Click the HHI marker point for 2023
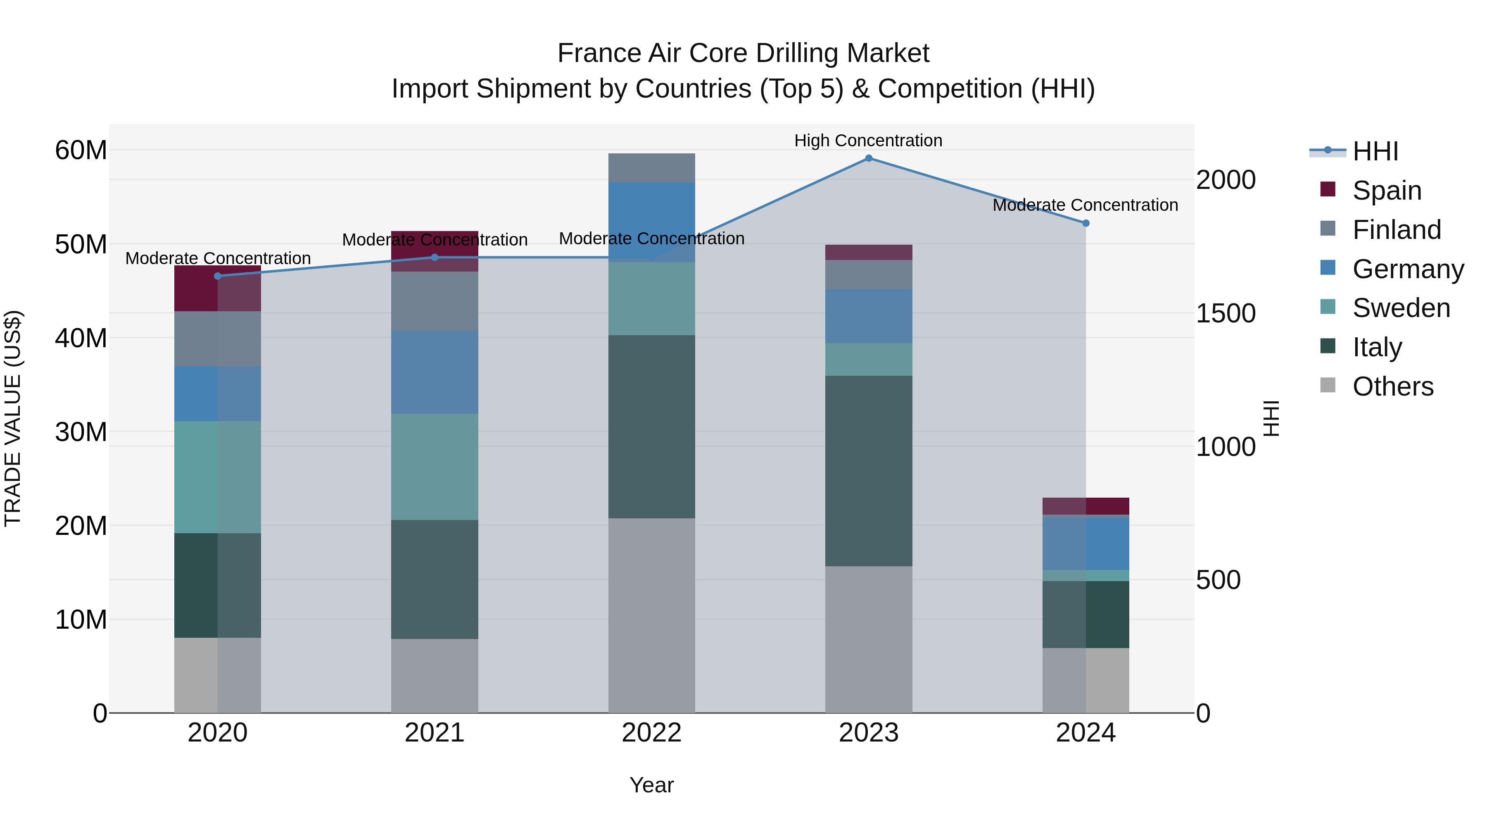868,158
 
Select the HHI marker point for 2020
218,276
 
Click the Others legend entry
1392,386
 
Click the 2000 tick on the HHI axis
1225,180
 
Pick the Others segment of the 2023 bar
868,639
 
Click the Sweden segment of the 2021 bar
434,466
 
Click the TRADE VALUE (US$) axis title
13,418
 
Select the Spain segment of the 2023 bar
868,253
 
